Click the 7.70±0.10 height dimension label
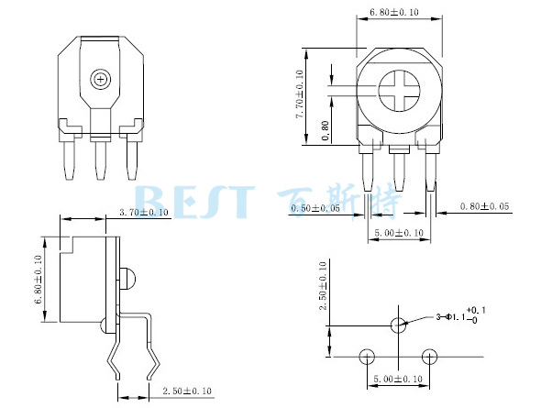click(x=300, y=94)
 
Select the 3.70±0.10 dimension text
click(x=144, y=212)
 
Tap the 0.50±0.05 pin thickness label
click(x=315, y=208)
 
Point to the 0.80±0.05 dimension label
click(x=484, y=206)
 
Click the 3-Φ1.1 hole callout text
click(x=460, y=315)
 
